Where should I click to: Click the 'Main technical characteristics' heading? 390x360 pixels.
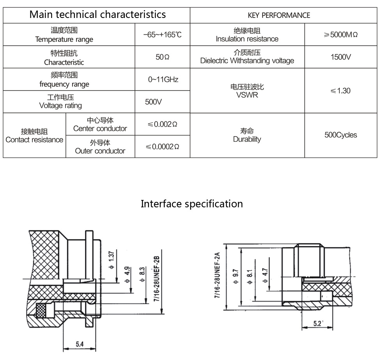[x=97, y=15]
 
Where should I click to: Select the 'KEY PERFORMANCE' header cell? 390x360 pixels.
[x=279, y=15]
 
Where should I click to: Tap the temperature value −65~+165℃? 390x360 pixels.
[x=163, y=34]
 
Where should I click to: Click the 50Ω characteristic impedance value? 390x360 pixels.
[x=163, y=57]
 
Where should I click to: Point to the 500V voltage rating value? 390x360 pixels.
[x=153, y=102]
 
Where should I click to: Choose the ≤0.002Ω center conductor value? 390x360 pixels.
[x=163, y=124]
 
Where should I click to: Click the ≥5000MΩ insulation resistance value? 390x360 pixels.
[x=340, y=34]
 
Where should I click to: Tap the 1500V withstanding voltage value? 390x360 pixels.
[x=340, y=57]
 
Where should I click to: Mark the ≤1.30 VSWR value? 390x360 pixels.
[x=340, y=91]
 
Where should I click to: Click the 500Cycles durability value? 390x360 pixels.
[x=340, y=135]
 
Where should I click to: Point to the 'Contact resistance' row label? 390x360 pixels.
[x=34, y=135]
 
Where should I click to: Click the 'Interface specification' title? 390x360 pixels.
[x=191, y=204]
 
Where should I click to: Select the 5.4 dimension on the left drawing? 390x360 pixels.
[x=80, y=344]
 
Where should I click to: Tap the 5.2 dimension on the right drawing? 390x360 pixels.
[x=318, y=323]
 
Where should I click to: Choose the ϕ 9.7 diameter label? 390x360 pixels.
[x=235, y=275]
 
